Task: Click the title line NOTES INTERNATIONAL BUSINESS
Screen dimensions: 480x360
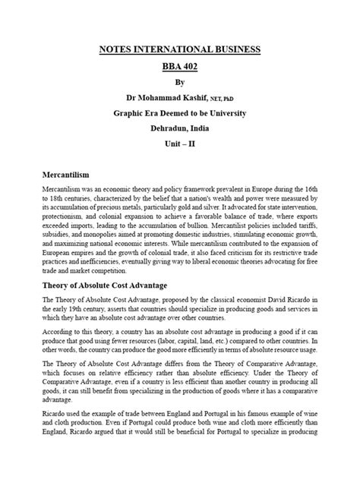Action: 180,49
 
